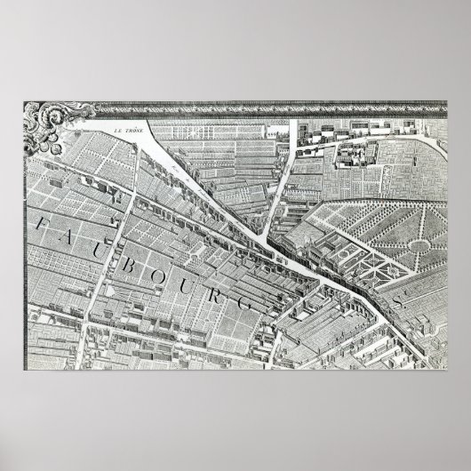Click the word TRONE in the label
136,133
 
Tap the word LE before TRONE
118,133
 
